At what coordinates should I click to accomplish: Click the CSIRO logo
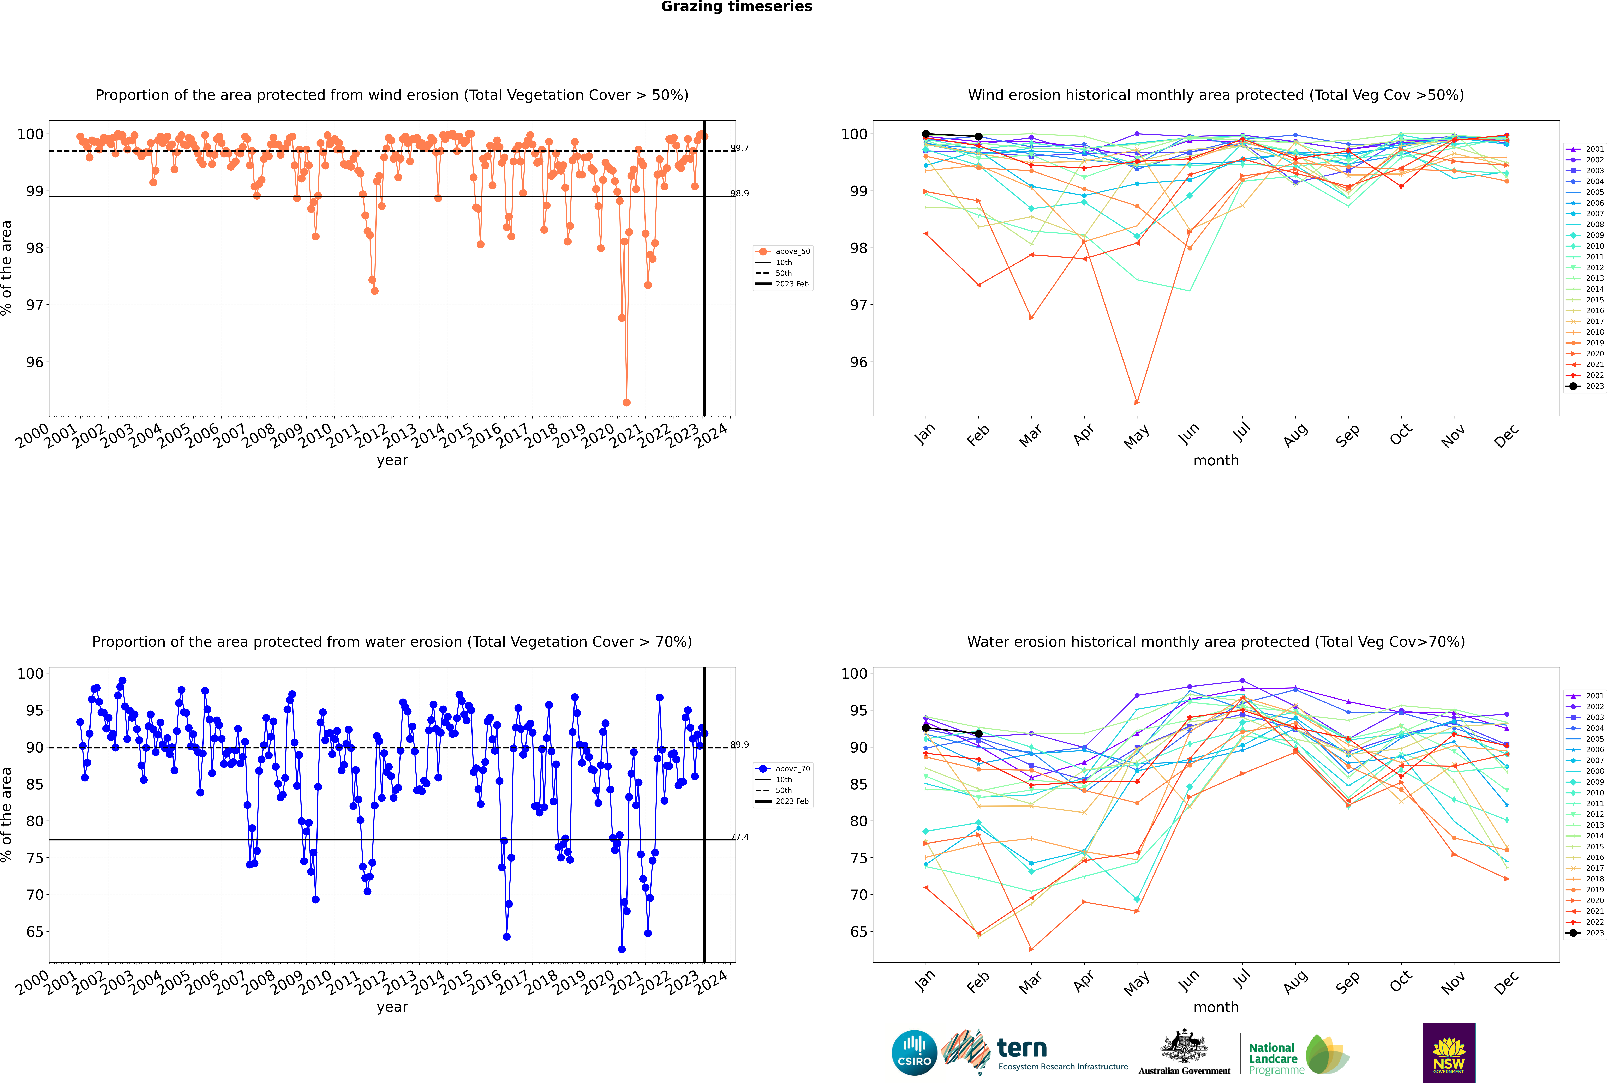click(914, 1053)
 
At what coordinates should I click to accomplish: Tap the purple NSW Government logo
click(1449, 1052)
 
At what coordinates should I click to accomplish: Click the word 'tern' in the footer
click(1022, 1049)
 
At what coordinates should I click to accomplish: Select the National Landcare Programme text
click(1273, 1058)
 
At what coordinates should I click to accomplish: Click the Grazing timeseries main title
click(737, 7)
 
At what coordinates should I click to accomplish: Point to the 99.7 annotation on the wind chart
click(739, 148)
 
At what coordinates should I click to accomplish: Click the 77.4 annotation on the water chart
click(739, 837)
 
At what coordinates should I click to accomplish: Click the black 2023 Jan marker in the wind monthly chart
click(926, 134)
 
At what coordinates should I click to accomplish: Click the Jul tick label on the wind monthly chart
click(1241, 433)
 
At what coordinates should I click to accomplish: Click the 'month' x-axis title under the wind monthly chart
click(1216, 460)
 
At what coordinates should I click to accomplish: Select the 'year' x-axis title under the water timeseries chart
click(392, 1006)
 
